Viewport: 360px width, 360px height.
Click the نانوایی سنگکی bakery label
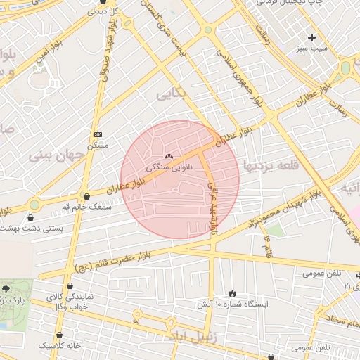coord(168,168)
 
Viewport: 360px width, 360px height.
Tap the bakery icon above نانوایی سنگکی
coord(168,156)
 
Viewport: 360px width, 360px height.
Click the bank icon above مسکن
coord(98,134)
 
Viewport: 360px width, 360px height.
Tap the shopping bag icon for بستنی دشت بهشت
coord(30,218)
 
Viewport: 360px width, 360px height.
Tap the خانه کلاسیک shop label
coord(59,346)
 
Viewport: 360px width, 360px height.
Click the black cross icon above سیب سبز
coord(312,37)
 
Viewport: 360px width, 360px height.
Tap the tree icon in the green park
coord(6,288)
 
